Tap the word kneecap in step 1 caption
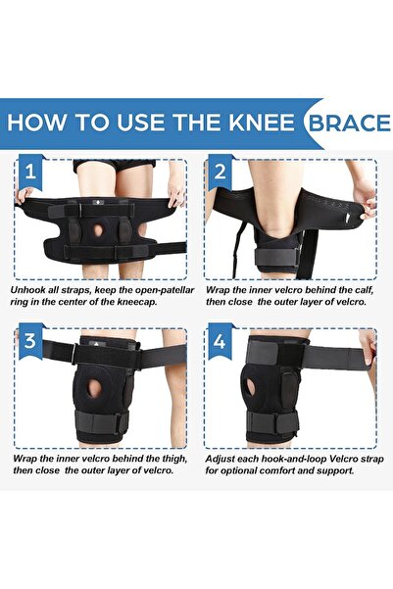144,304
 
